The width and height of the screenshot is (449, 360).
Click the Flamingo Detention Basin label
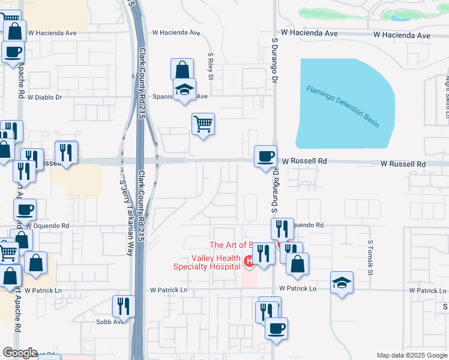[x=343, y=107]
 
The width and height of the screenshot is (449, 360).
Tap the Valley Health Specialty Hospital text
[x=207, y=262]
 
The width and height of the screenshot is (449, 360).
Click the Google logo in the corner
[x=20, y=353]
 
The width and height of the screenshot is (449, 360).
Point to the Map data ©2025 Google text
[x=412, y=355]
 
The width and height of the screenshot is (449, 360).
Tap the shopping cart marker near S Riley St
[x=203, y=124]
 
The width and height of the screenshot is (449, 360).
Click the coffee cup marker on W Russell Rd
[x=265, y=157]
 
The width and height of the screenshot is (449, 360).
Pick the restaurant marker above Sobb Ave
[x=123, y=306]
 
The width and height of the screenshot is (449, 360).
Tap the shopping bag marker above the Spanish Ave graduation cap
[x=182, y=70]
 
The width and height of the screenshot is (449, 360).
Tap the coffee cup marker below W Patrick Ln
[x=276, y=329]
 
